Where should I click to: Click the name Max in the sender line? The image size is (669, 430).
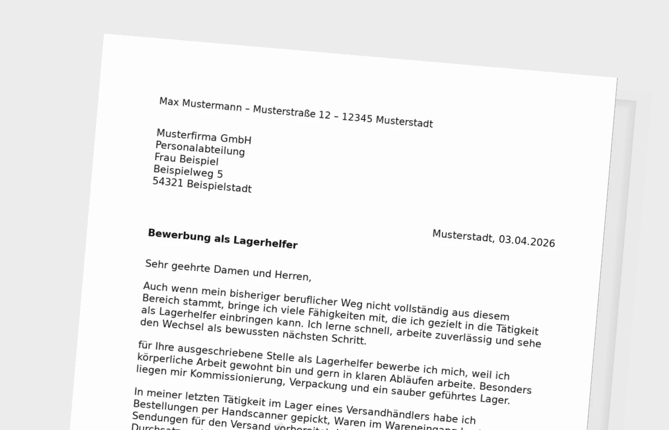click(x=169, y=102)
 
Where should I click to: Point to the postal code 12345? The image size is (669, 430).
click(x=357, y=118)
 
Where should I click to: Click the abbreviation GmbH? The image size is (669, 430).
click(x=236, y=140)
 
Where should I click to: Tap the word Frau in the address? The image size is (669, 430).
click(x=165, y=158)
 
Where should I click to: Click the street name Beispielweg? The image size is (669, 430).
click(x=183, y=172)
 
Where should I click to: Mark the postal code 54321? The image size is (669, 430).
click(x=168, y=183)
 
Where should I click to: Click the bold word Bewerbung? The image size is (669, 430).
click(x=179, y=236)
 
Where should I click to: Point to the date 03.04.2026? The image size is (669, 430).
click(x=527, y=241)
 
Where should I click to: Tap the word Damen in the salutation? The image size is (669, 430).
click(x=231, y=271)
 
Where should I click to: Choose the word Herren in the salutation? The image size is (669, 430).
click(x=292, y=275)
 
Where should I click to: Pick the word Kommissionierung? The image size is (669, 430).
click(x=237, y=377)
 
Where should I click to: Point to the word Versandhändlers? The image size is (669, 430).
click(x=381, y=413)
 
